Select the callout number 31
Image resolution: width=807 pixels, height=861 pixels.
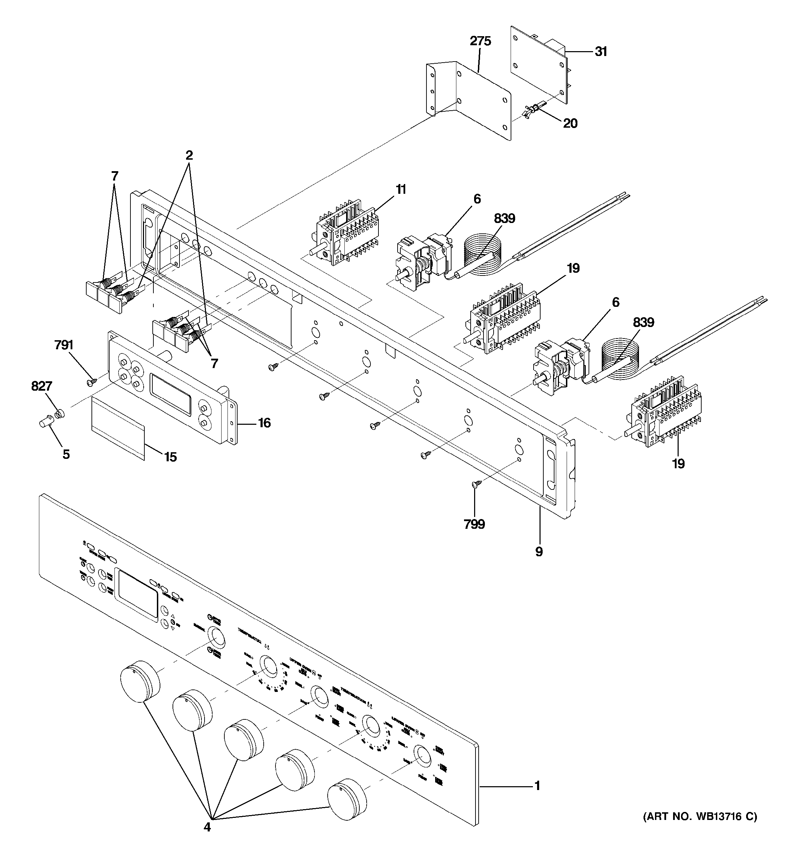tap(601, 52)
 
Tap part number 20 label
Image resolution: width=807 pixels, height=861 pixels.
tap(570, 123)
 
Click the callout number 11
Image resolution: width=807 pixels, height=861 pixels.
tap(401, 190)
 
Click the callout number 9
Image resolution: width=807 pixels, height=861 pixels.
tap(539, 552)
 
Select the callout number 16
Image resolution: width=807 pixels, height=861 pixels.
tap(264, 423)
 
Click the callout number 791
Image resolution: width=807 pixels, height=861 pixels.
tap(64, 345)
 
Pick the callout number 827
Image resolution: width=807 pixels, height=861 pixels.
tap(42, 386)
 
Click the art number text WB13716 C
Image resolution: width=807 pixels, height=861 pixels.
tap(700, 817)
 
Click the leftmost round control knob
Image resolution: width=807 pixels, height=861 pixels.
tap(139, 687)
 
